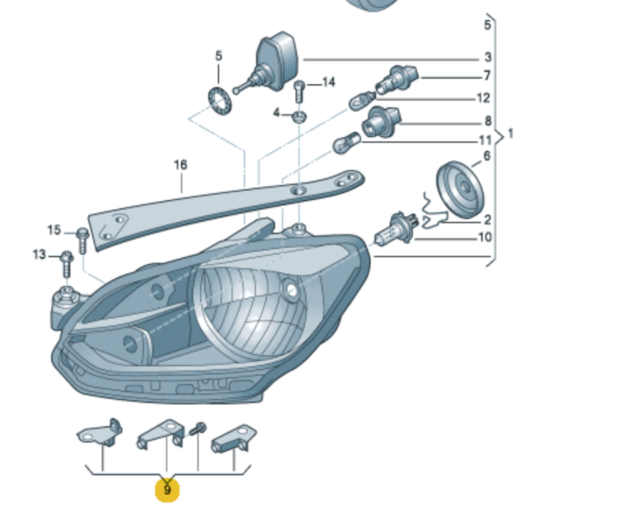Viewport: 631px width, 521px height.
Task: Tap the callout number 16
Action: tap(181, 165)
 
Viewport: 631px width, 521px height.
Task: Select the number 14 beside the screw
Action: tap(328, 82)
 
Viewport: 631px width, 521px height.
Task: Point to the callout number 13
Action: tap(40, 254)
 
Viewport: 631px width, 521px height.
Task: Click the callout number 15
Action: tap(55, 230)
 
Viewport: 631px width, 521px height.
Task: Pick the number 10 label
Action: tap(485, 238)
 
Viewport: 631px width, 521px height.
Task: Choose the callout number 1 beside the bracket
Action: tap(510, 134)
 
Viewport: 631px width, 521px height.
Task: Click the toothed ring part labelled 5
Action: tap(219, 102)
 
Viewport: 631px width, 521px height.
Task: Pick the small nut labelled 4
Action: tap(300, 113)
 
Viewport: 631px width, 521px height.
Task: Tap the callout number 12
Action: tap(484, 98)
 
